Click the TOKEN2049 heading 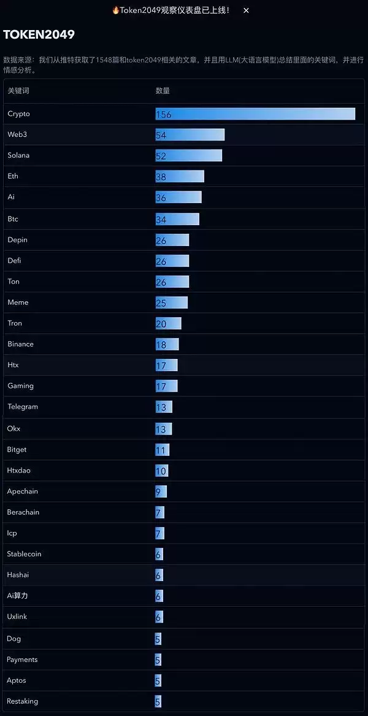(39, 35)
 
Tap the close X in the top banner (246, 10)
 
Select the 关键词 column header (18, 91)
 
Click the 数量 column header (163, 91)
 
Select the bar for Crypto (255, 114)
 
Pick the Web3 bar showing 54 (190, 135)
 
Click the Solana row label (18, 155)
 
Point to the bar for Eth (180, 177)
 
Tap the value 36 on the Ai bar (161, 198)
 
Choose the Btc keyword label (13, 218)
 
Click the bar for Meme (172, 302)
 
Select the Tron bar (169, 323)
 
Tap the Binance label (20, 344)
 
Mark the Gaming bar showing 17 (167, 386)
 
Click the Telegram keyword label (23, 407)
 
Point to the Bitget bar (163, 450)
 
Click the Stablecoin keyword (24, 554)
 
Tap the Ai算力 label (17, 596)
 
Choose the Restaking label (22, 701)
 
